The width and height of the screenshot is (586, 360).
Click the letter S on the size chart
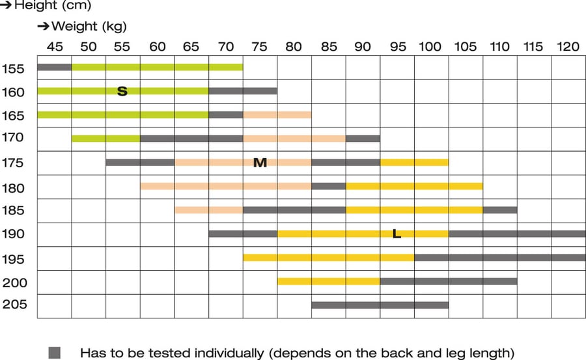[x=122, y=91]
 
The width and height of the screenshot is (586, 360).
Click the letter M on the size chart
[x=260, y=162]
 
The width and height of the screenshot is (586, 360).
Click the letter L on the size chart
[x=397, y=234]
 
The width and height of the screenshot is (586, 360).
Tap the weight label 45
[x=55, y=47]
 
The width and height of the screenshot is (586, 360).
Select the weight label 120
[x=568, y=47]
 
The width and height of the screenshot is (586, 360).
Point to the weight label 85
[x=329, y=47]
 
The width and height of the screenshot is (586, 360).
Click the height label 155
[x=13, y=68]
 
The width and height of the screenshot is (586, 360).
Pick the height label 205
[x=14, y=305]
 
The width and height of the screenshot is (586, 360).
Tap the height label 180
[x=13, y=188]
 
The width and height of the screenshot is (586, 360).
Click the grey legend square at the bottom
[x=55, y=353]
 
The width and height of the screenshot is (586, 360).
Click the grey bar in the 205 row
[x=380, y=305]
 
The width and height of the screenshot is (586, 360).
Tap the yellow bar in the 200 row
[x=329, y=281]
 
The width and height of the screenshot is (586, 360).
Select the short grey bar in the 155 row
[x=54, y=67]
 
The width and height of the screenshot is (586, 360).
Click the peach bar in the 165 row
[x=277, y=115]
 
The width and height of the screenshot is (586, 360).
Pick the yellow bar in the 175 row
[x=414, y=162]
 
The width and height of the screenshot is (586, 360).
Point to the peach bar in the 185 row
[x=208, y=210]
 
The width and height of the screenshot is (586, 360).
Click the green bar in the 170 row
[x=105, y=138]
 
